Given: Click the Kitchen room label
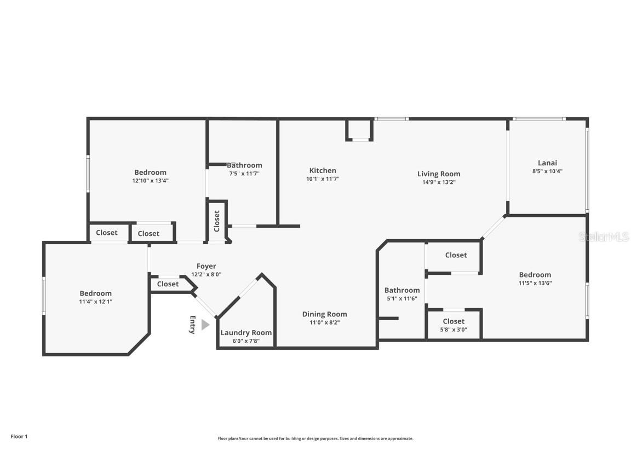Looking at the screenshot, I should coord(323,170).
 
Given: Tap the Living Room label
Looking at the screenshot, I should coord(439,174).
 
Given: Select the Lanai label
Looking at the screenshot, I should coord(547,163).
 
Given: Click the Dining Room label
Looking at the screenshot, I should coord(324,314).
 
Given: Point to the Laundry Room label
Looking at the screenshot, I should coord(246,333).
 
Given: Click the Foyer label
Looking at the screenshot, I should coord(206,266).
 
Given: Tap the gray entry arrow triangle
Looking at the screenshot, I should coord(205,325).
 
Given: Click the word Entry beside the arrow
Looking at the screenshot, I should coord(192,325).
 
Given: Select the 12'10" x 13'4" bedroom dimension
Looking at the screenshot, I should coord(150,180).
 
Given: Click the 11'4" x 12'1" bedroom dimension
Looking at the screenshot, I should coord(95,302).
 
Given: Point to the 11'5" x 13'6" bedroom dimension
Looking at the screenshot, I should coord(535,283).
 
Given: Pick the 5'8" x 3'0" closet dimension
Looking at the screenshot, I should coord(454,330).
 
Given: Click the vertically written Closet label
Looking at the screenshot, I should coord(217,221).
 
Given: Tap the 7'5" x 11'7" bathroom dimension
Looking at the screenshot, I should coord(244,174).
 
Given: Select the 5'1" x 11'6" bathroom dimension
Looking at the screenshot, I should coord(402,298).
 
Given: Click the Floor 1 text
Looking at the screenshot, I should coord(19,436).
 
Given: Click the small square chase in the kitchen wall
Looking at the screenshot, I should coord(359,130).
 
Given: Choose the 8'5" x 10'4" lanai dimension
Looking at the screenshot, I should coord(547,171).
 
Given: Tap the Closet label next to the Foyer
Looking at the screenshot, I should coord(168,284).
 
